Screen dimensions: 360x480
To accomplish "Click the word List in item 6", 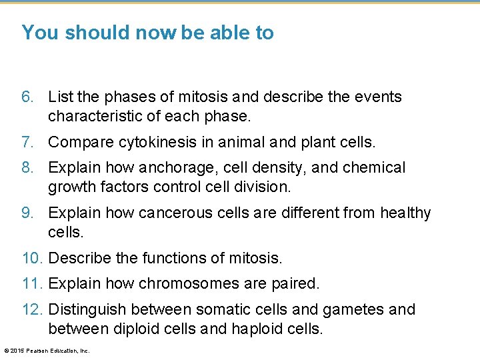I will tap(61, 97).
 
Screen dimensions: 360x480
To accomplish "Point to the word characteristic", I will tap(92, 116).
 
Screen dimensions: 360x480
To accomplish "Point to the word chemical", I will tap(373, 168).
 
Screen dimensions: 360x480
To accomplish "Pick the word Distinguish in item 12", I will tap(87, 309).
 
